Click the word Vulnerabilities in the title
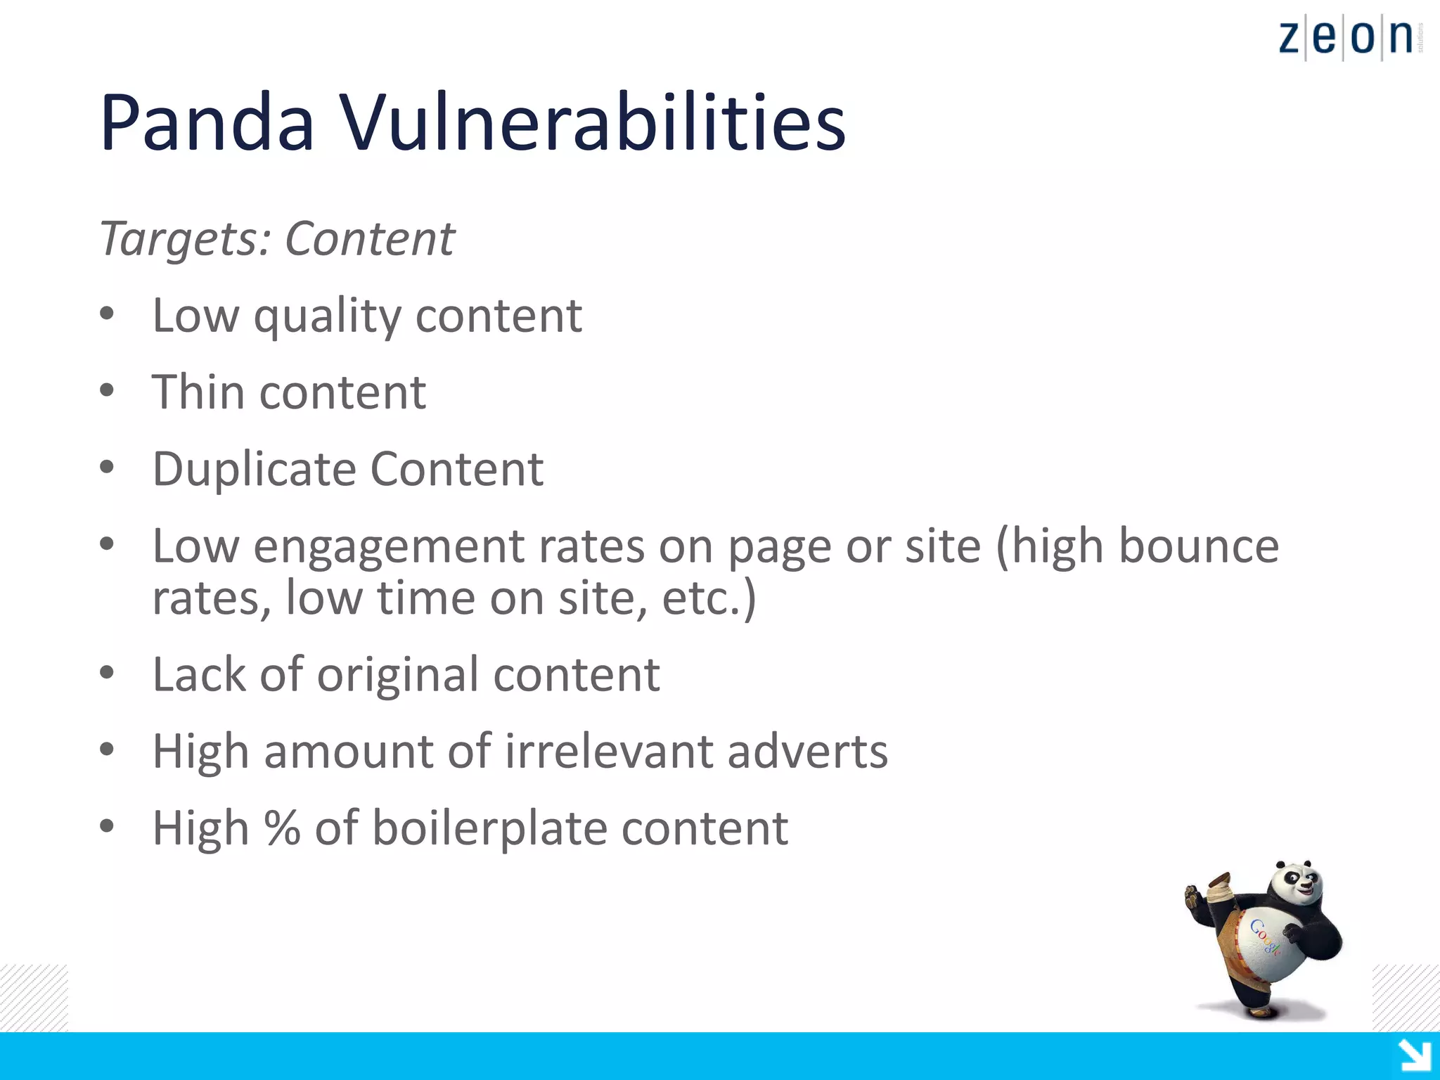593,123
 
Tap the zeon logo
1346,37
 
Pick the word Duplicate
254,470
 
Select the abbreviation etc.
703,598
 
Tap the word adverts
807,752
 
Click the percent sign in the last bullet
283,828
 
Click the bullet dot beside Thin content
107,391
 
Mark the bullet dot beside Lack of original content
107,674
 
